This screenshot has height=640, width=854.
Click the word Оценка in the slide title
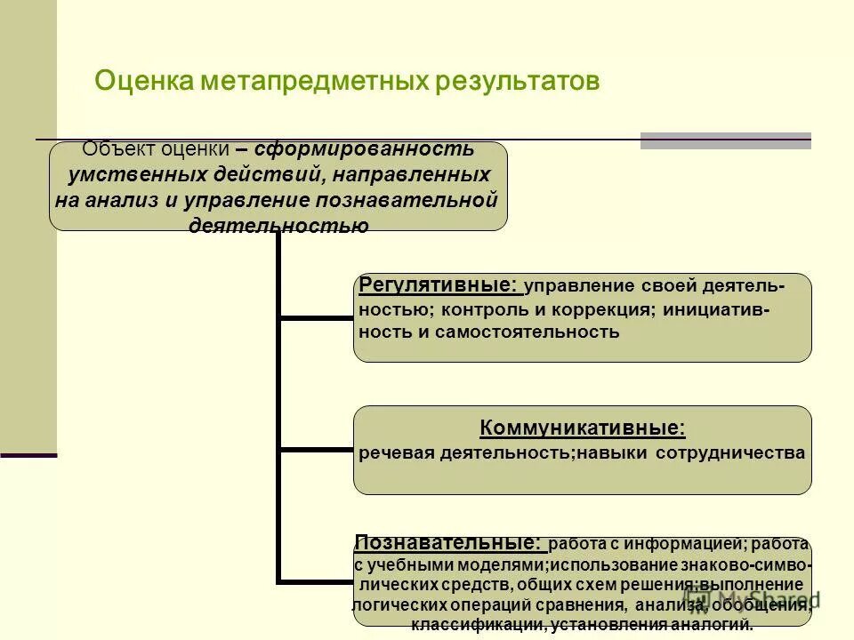pos(146,81)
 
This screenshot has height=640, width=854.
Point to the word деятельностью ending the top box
pos(278,225)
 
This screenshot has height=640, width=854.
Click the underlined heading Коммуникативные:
pos(583,428)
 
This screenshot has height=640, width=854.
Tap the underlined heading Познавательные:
pos(447,541)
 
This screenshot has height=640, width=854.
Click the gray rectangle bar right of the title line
pos(726,140)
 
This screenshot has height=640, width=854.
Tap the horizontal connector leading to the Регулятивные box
pos(316,316)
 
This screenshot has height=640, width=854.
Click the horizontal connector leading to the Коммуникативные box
pos(316,450)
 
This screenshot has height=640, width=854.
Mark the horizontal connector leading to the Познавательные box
pos(316,582)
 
